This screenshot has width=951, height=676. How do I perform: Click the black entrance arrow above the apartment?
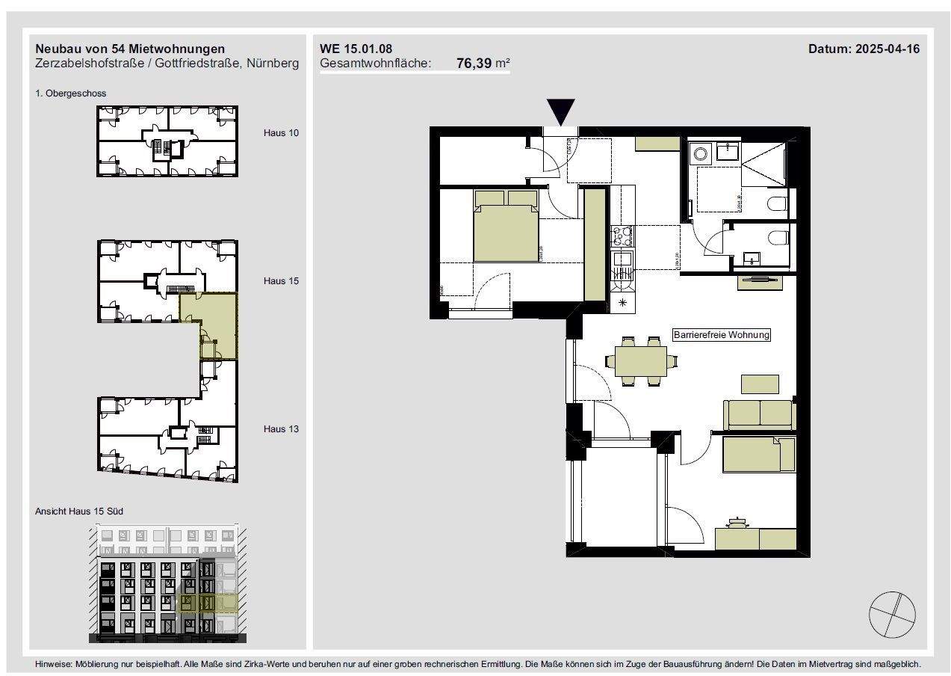(x=560, y=111)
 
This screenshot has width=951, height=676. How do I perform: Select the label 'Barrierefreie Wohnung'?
(x=721, y=335)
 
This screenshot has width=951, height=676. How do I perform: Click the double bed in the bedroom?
(x=506, y=228)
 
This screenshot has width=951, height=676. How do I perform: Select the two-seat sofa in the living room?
(x=758, y=414)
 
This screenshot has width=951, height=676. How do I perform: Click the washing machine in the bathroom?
(x=701, y=153)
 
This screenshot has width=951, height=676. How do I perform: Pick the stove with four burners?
(x=621, y=237)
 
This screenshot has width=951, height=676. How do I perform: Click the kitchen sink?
(x=621, y=261)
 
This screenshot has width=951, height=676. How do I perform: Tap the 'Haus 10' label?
(x=281, y=133)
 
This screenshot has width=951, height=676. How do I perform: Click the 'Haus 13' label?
(x=281, y=429)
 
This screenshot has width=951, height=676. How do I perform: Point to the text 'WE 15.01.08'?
(x=356, y=49)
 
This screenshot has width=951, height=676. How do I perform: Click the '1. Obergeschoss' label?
(x=71, y=93)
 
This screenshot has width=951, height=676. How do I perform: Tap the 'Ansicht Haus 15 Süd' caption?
(x=79, y=511)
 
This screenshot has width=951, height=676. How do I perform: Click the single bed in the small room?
(x=758, y=455)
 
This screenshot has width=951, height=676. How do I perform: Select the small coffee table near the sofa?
(x=759, y=384)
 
